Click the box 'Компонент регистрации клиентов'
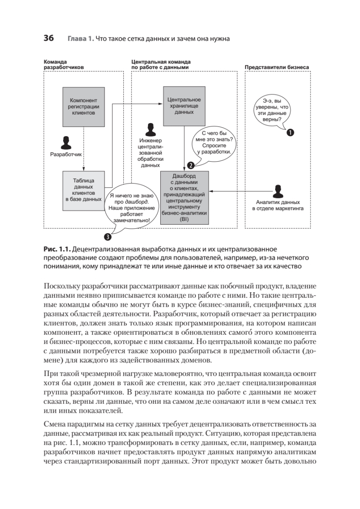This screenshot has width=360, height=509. point(84,107)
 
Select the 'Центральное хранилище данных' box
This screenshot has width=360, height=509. point(184,106)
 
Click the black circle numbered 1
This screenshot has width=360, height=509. point(290,133)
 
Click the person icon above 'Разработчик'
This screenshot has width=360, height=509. point(65,143)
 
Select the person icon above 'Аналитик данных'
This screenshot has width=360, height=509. point(278,191)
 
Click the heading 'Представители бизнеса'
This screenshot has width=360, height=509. point(276,67)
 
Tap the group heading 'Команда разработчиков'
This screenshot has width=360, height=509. point(64,64)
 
